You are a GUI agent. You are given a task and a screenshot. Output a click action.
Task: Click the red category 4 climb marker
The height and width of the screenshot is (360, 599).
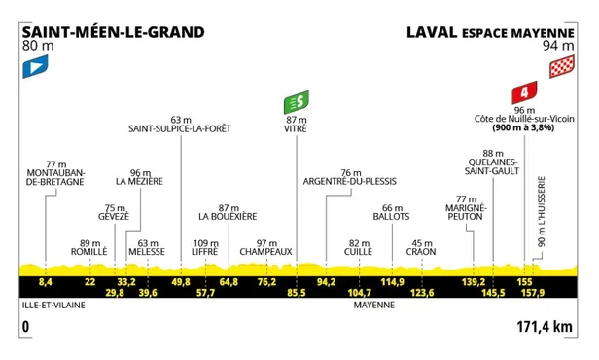click(x=525, y=93)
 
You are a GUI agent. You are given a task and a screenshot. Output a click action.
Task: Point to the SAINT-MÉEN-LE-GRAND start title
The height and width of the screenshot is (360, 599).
click(x=113, y=30)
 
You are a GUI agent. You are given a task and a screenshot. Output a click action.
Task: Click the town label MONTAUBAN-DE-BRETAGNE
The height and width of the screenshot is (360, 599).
click(x=54, y=181)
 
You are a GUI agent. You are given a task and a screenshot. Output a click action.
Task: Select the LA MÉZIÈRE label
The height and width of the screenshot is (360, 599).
click(x=137, y=181)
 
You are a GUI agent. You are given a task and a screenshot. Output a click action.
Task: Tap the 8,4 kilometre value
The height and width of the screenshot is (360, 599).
click(x=45, y=281)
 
